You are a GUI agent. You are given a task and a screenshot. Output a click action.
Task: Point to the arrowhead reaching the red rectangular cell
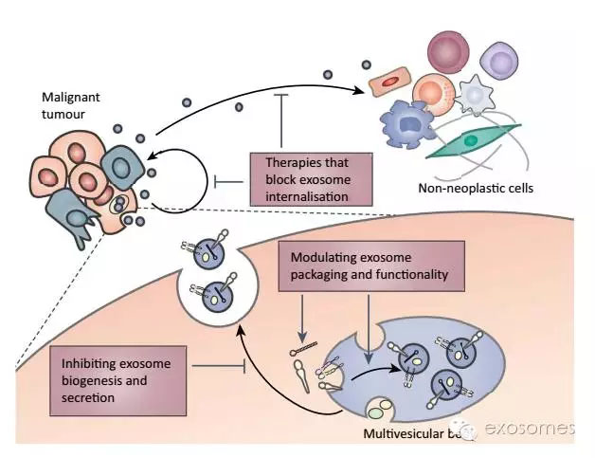coord(366,91)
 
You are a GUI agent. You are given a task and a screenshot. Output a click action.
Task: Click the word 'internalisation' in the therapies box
coord(305,196)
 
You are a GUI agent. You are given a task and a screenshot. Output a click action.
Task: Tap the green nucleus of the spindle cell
coord(470,140)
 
